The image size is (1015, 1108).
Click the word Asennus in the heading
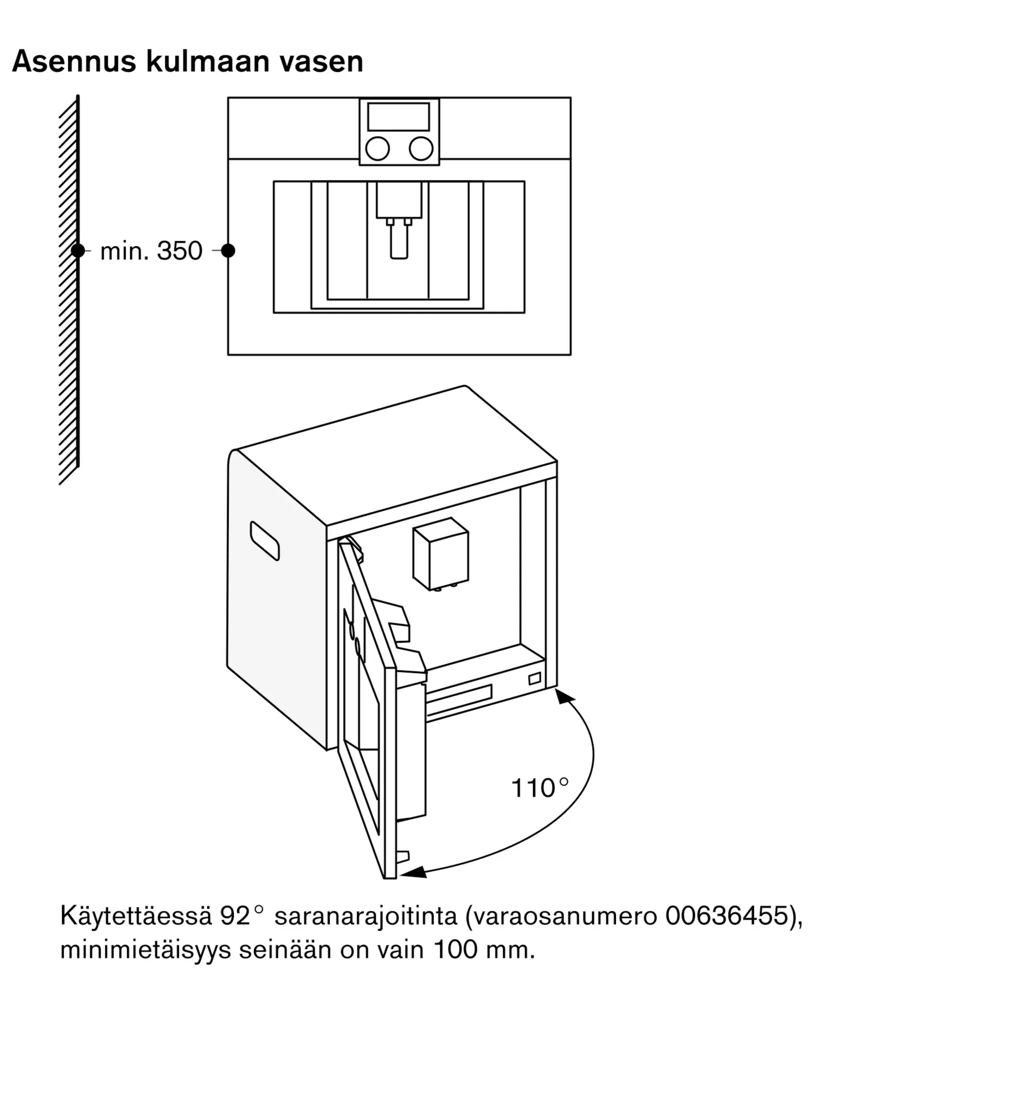point(74,61)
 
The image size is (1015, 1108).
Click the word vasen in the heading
point(321,61)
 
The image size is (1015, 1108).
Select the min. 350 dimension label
point(151,251)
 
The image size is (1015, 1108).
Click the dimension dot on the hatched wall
point(78,250)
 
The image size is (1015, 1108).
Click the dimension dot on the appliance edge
point(228,250)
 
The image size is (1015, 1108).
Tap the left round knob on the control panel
point(377,148)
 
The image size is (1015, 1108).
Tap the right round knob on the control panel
point(421,148)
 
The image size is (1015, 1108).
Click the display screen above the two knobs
point(398,117)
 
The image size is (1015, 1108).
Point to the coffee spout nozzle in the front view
point(399,243)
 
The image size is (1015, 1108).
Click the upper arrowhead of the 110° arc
point(564,696)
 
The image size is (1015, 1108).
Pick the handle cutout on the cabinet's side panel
point(265,541)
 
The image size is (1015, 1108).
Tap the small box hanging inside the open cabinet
point(441,554)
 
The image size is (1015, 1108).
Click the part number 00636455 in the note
point(726,916)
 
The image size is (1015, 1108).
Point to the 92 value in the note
point(235,916)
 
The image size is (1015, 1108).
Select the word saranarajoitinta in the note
point(366,916)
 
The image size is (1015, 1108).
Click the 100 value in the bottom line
point(455,950)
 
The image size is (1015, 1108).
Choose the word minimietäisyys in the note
point(145,951)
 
